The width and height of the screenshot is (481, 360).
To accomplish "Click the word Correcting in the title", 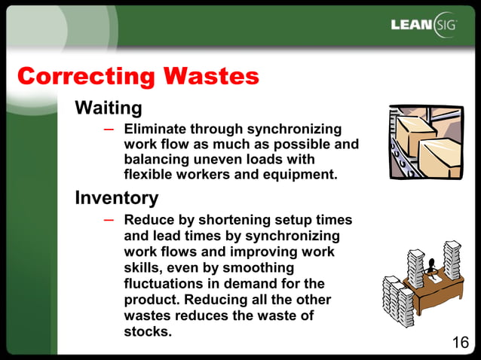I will pyautogui.click(x=85, y=76).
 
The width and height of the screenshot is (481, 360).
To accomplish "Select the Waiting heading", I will pyautogui.click(x=108, y=108).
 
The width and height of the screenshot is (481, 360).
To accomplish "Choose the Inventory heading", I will pyautogui.click(x=116, y=198).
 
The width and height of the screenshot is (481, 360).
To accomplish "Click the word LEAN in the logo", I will pyautogui.click(x=412, y=25).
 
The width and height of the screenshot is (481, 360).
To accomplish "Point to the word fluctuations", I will pyautogui.click(x=167, y=284).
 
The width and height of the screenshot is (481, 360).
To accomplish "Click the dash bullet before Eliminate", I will pyautogui.click(x=109, y=129).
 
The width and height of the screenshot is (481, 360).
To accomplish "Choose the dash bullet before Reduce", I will pyautogui.click(x=109, y=219).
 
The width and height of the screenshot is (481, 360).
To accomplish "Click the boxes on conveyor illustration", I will pyautogui.click(x=425, y=143).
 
